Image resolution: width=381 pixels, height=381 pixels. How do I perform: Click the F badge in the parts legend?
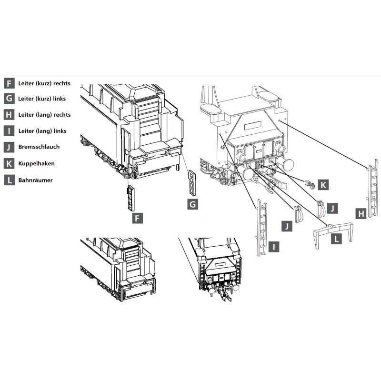click(x=9, y=83)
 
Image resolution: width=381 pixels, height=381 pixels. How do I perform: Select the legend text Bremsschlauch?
click(x=39, y=147)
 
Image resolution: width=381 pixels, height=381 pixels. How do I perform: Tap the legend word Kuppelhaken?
click(x=37, y=163)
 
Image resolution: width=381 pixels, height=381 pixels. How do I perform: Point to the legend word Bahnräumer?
click(x=35, y=180)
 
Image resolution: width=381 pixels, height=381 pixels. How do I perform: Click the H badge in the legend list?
click(x=9, y=114)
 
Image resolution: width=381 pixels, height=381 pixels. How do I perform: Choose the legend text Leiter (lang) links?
click(x=42, y=131)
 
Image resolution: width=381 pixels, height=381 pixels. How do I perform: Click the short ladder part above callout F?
click(x=130, y=198)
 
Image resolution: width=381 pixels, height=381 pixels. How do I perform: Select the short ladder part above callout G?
click(x=192, y=182)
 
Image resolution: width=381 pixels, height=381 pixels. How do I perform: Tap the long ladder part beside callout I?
click(x=261, y=228)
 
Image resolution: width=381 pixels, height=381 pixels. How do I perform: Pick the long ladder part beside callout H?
click(x=372, y=188)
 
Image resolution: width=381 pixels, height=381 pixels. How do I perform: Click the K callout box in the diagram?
click(x=323, y=185)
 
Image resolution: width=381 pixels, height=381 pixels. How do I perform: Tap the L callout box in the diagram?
click(x=337, y=239)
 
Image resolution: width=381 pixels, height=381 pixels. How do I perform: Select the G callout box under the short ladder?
click(x=193, y=204)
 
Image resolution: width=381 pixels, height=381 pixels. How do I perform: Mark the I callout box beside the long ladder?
click(x=274, y=247)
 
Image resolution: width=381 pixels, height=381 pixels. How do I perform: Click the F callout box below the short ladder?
click(x=137, y=218)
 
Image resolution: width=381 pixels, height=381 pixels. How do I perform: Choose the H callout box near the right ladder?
click(x=361, y=213)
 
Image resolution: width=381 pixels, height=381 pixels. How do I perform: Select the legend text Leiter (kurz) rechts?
click(x=44, y=83)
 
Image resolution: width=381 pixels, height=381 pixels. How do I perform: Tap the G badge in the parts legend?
click(x=9, y=99)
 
